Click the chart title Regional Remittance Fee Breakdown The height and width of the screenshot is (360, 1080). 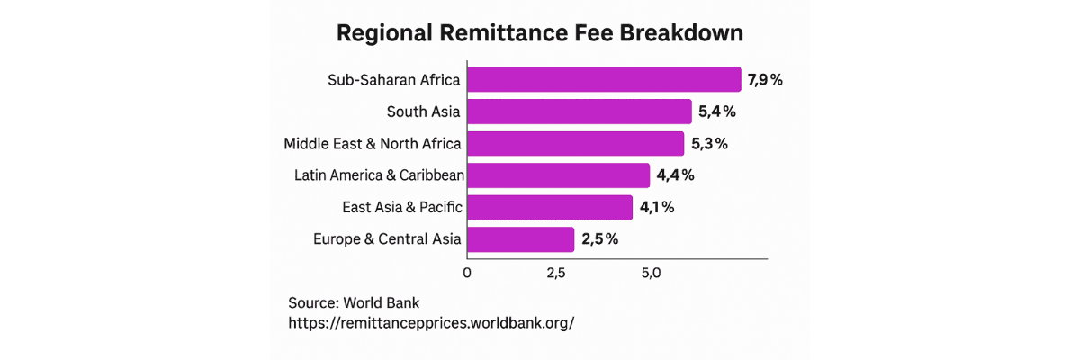(539, 33)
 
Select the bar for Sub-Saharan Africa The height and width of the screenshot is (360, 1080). (604, 79)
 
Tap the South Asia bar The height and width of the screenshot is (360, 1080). (580, 112)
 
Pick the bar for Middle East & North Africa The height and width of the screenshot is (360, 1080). (576, 144)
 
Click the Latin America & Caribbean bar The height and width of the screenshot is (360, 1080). (558, 175)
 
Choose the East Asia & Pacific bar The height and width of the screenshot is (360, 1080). (550, 207)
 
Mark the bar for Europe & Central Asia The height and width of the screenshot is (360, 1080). (521, 239)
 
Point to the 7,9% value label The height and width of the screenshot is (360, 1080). (765, 80)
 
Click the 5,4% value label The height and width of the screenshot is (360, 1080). (717, 112)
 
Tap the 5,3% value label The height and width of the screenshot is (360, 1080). (710, 144)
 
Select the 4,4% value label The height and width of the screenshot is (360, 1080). (676, 175)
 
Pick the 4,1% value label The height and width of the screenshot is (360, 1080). (657, 207)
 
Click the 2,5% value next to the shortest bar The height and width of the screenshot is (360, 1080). (599, 239)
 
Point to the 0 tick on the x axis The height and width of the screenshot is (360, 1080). (467, 273)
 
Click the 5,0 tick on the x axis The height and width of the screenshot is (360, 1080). (651, 274)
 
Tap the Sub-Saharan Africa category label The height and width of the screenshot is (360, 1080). (394, 79)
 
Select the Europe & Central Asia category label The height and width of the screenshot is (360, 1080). (387, 239)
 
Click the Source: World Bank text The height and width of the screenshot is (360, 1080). (354, 302)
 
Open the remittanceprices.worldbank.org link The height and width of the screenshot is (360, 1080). (431, 323)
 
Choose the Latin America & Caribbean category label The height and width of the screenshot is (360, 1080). (380, 175)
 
